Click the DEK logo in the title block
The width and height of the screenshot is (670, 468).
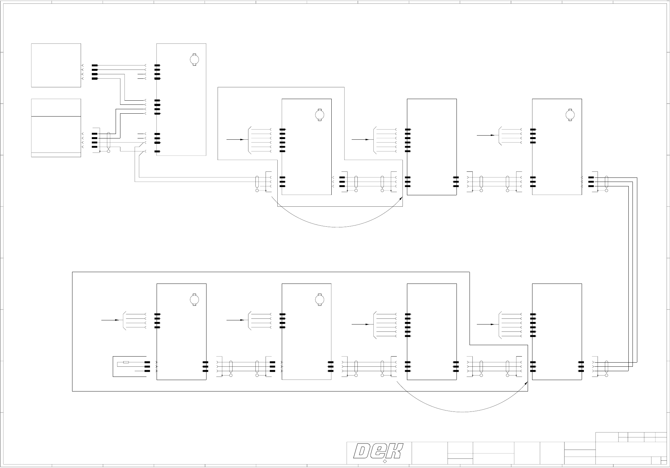coord(379,451)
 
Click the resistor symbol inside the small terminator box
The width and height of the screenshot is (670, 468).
coord(126,362)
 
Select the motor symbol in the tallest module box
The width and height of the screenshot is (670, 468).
coord(194,59)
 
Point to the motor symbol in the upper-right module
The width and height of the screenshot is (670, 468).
coord(570,115)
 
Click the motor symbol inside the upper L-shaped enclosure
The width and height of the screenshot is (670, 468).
coord(319,115)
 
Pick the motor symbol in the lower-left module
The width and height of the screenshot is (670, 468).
coord(194,299)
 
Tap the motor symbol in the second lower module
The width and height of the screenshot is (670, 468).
coord(319,299)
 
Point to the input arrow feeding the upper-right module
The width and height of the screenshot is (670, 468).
coord(486,135)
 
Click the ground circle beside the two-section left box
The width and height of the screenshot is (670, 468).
coord(109,151)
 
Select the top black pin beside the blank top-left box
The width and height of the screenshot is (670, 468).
coord(95,65)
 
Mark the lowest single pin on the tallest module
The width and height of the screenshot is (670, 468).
coord(157,151)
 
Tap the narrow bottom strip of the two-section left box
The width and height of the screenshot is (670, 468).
coord(56,155)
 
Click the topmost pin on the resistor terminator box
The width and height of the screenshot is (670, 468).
coord(147,362)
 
